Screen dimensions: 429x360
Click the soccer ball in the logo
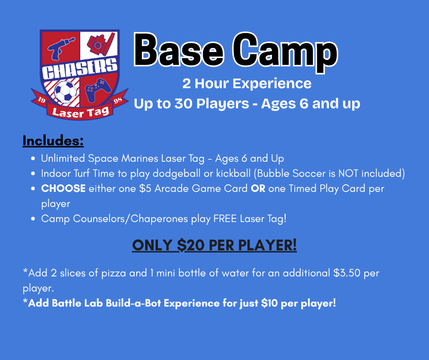[65, 91]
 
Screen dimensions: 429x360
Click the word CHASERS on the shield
[79, 69]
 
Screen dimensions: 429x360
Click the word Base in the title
[179, 51]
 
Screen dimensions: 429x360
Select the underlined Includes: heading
[53, 141]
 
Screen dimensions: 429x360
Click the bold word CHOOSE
[63, 189]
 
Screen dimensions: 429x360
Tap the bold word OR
[258, 189]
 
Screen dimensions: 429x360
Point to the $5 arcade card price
[145, 189]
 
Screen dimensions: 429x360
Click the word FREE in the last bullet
[225, 219]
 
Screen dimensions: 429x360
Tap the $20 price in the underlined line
[191, 245]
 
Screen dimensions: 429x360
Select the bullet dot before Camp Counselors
[33, 219]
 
